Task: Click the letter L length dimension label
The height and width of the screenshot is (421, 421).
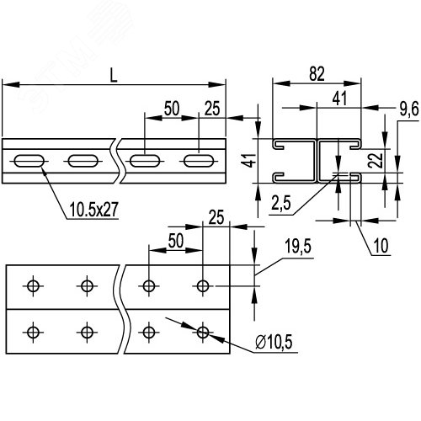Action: coord(114,75)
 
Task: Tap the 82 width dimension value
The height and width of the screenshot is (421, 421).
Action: coord(317,74)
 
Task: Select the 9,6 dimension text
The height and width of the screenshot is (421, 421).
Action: coord(409,109)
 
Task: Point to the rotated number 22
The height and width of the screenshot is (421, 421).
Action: coord(376,160)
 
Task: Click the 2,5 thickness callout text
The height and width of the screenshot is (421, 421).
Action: coord(281,203)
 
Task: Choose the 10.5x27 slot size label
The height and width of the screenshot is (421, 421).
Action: coord(93,210)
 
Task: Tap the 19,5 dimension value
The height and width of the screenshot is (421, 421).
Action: coord(298,246)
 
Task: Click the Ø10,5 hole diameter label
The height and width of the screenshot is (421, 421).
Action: coord(274,342)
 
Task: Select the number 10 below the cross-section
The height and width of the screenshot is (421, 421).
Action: coord(381,246)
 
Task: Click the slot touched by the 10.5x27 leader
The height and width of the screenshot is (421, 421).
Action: coord(29,161)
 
